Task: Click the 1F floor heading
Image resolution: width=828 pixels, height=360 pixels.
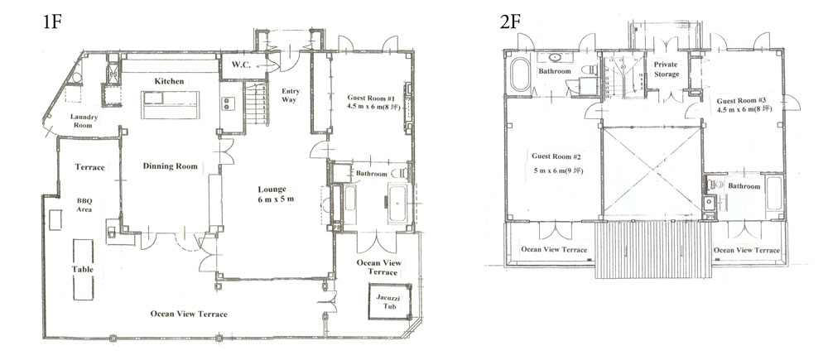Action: click(x=52, y=22)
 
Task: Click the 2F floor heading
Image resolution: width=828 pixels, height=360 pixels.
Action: click(x=509, y=22)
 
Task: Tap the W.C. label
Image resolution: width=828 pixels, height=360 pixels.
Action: click(x=241, y=65)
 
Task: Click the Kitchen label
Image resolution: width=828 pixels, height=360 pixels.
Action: click(x=169, y=81)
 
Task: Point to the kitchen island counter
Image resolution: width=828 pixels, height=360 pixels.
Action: click(x=171, y=105)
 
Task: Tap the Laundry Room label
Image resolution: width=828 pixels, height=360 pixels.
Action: click(x=84, y=121)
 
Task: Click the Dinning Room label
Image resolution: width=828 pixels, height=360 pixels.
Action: click(x=170, y=166)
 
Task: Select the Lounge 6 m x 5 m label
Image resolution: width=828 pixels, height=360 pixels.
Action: click(x=272, y=194)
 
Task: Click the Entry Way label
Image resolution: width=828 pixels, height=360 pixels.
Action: click(x=291, y=95)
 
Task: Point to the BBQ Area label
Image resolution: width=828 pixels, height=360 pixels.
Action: click(x=84, y=204)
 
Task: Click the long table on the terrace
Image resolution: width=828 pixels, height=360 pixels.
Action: click(x=83, y=270)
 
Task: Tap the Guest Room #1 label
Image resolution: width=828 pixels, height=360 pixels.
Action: click(x=372, y=101)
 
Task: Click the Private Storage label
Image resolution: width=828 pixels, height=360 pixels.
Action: click(x=666, y=70)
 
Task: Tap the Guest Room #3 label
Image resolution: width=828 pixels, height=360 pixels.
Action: click(x=744, y=105)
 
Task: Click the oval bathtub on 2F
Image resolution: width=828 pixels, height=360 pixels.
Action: click(x=520, y=75)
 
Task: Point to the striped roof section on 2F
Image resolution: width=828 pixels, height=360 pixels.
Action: click(x=654, y=249)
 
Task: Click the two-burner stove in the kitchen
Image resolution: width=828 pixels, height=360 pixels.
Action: click(x=228, y=103)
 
